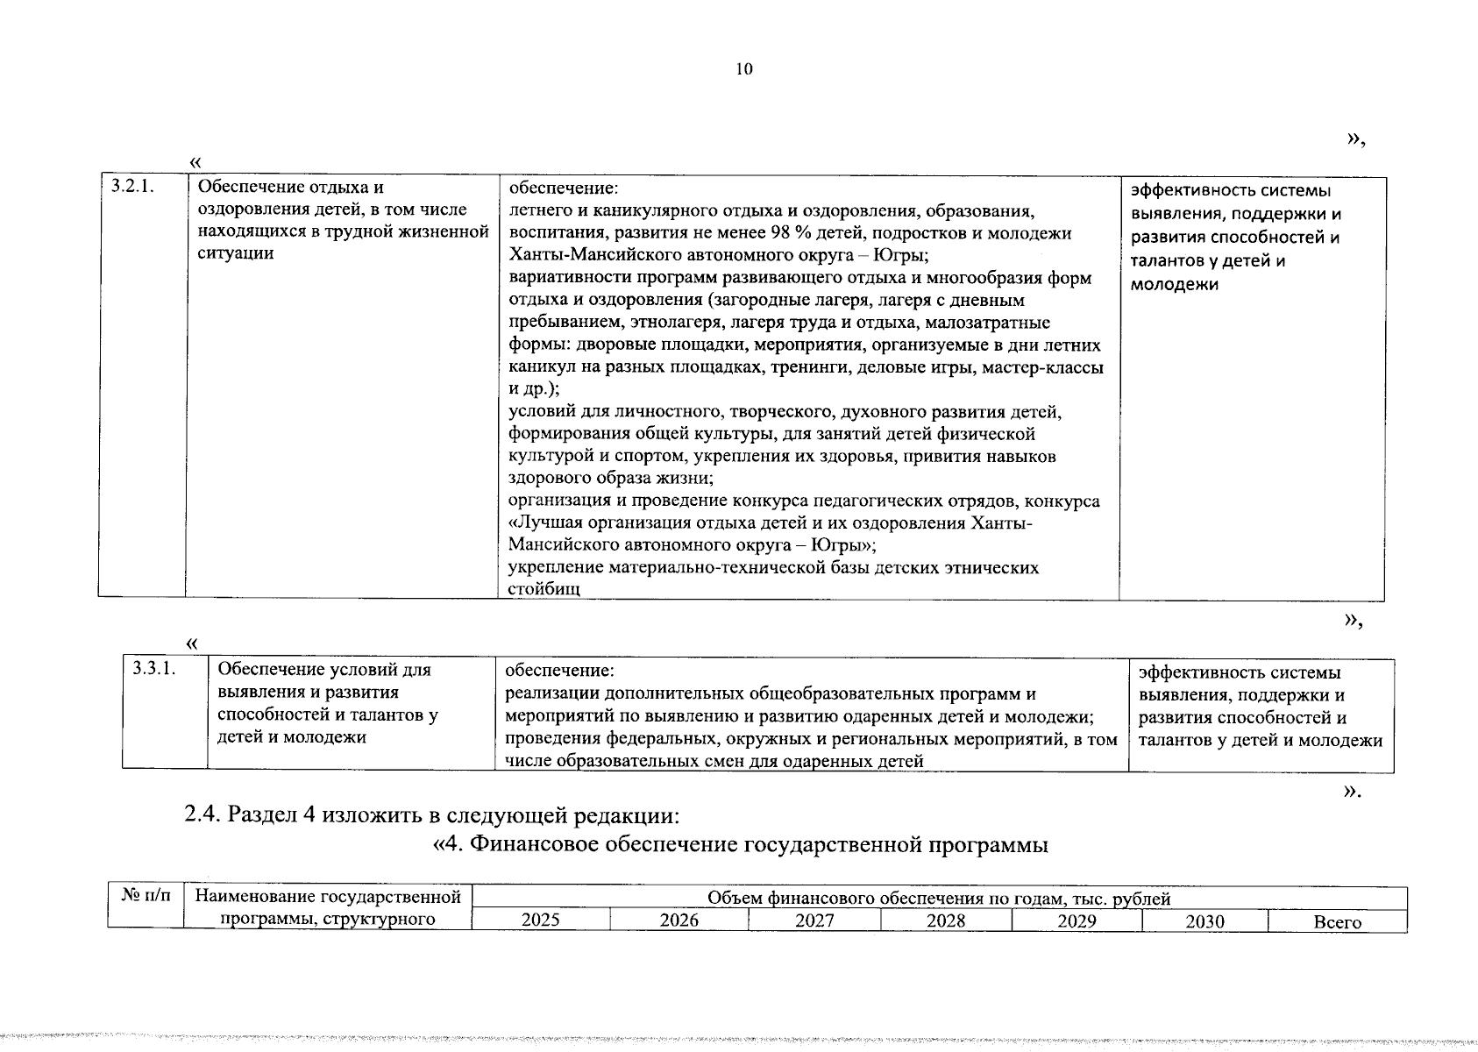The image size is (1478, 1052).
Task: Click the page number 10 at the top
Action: pos(744,70)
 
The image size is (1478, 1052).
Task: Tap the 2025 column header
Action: pos(540,920)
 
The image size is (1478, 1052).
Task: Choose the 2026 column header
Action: pos(679,920)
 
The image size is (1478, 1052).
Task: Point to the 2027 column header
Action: pos(814,920)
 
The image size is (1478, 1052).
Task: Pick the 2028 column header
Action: pos(946,920)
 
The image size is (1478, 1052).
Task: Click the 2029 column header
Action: pos(1077,920)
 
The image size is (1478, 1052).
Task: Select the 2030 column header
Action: pos(1205,921)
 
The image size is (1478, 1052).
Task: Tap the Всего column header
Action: pos(1337,922)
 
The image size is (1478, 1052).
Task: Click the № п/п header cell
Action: pos(146,897)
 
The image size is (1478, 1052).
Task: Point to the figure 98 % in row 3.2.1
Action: pos(766,233)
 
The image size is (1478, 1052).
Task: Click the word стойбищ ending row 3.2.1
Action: pos(544,589)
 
